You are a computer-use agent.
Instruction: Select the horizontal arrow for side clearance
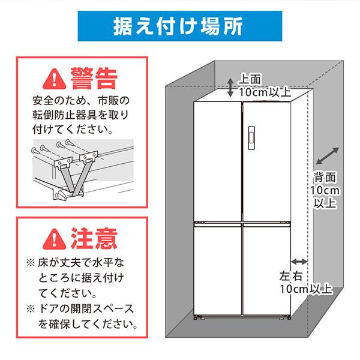(298, 262)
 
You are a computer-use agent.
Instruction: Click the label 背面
(325, 177)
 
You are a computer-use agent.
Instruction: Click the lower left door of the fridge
(217, 270)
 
